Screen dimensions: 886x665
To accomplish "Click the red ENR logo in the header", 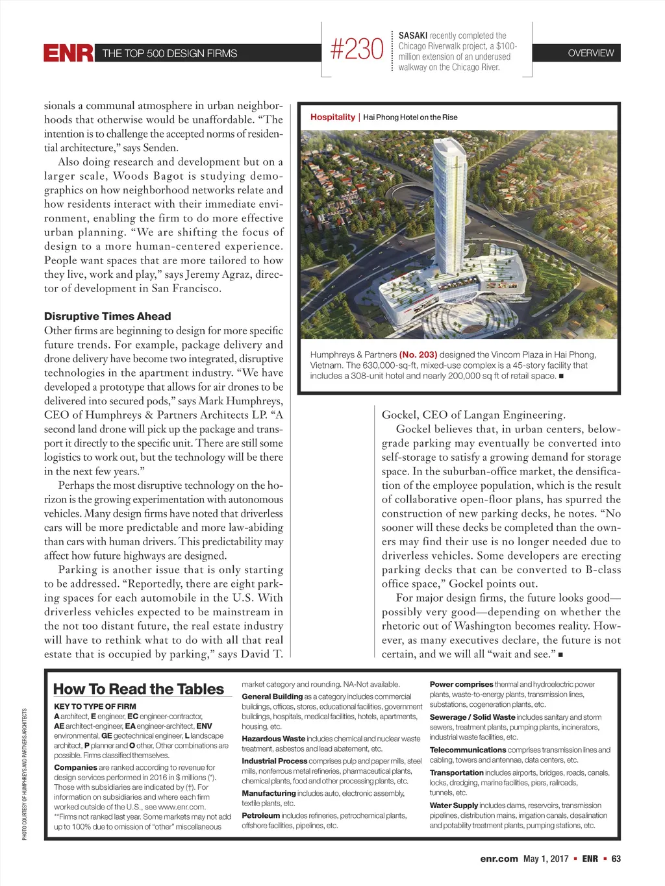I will (x=68, y=53).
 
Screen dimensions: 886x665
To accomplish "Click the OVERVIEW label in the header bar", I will (x=590, y=53).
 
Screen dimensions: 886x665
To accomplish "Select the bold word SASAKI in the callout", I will (x=413, y=36).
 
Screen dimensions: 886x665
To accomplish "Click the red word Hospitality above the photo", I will (x=332, y=117).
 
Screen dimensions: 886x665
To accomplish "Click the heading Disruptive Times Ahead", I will (x=108, y=317).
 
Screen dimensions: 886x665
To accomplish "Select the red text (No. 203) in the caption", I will (x=418, y=355).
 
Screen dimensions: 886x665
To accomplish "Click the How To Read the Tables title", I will (x=138, y=689).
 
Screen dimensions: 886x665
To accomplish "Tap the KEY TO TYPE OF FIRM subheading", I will (x=95, y=706).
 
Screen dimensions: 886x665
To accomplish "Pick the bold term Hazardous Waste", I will (x=273, y=739).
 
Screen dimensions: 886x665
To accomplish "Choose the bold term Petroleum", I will (x=261, y=816).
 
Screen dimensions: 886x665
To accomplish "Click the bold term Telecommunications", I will (x=468, y=750).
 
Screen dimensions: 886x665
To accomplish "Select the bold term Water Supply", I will (x=454, y=806).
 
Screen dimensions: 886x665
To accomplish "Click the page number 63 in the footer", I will (x=616, y=859).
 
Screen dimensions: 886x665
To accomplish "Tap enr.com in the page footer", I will (x=499, y=859).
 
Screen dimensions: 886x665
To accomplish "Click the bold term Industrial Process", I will (x=275, y=761).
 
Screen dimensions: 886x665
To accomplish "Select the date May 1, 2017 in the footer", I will (x=546, y=859).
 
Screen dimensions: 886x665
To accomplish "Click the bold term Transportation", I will (x=457, y=773).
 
